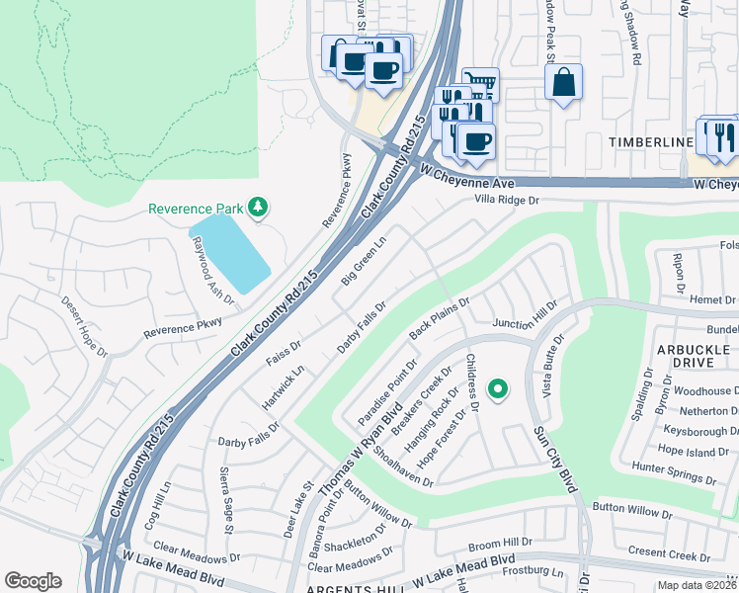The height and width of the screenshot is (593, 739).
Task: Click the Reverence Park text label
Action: pos(195,209)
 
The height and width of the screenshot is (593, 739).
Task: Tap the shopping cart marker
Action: pos(480,84)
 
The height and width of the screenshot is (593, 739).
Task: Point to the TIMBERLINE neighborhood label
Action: pos(650,142)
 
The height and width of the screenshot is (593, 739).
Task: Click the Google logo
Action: pos(33,581)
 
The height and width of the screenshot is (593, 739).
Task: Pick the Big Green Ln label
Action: pos(363,262)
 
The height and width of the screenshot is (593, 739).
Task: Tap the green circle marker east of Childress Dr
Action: pos(499,389)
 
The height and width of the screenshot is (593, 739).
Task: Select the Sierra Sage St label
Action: pos(226,500)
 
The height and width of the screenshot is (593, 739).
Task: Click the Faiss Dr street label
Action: pos(283,350)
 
